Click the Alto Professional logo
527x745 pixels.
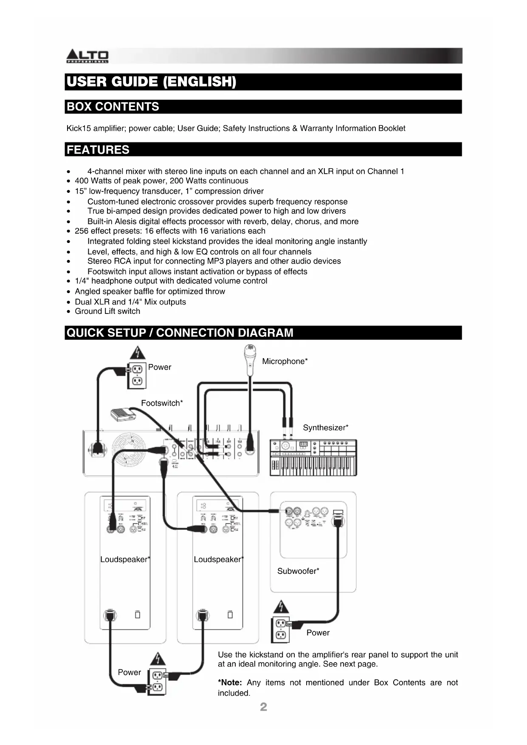click(87, 56)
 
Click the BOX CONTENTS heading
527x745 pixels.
click(113, 107)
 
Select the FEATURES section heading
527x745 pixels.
click(98, 150)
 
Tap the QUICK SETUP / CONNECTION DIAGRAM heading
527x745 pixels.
click(180, 333)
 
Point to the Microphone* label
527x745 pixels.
click(285, 361)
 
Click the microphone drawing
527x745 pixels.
click(250, 359)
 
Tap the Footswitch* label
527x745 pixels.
click(162, 403)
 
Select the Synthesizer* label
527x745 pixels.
click(325, 428)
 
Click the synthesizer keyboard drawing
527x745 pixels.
click(313, 458)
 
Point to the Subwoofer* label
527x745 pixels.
click(298, 571)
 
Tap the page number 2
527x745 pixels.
click(263, 707)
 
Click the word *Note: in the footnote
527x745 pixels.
click(230, 683)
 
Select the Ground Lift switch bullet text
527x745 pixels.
click(107, 311)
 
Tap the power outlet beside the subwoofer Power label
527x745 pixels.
click(280, 629)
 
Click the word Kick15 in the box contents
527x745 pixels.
click(79, 128)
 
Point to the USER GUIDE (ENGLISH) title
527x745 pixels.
click(151, 82)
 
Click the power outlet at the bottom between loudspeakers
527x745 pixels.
click(157, 681)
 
